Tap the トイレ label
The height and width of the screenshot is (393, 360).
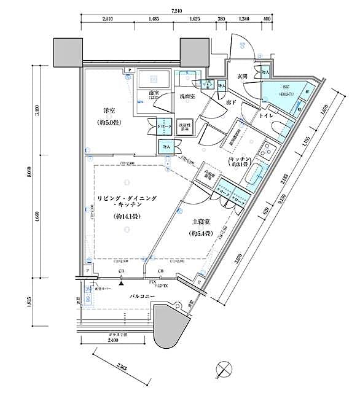coord(267,115)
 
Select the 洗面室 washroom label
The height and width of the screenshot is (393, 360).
coord(187,96)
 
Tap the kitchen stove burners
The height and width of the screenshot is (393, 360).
coord(268,150)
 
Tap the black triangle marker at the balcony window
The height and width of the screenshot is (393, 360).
coord(122,278)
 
